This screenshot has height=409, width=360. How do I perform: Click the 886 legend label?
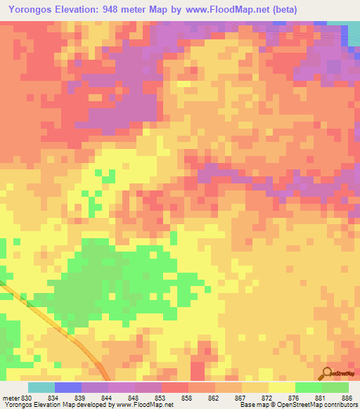[347, 398]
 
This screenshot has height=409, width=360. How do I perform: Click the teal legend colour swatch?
[41, 387]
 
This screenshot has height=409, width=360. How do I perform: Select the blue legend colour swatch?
[68, 387]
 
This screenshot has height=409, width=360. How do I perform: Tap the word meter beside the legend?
[9, 398]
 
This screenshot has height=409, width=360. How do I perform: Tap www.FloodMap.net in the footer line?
[138, 405]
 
